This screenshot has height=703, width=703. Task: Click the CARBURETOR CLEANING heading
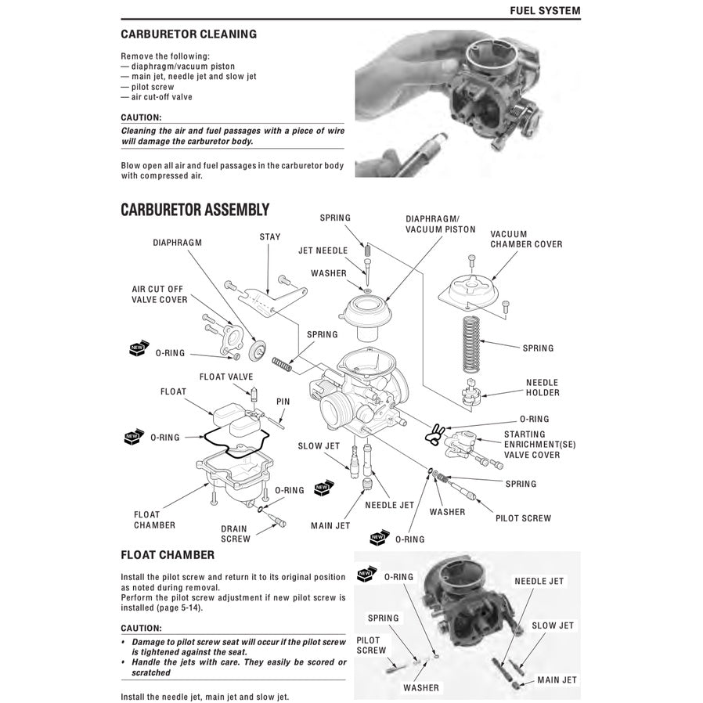pyautogui.click(x=188, y=34)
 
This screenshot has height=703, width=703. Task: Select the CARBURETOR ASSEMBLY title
pyautogui.click(x=195, y=210)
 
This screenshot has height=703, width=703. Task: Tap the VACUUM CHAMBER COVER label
pyautogui.click(x=525, y=239)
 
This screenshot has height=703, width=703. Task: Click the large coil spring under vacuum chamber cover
pyautogui.click(x=471, y=341)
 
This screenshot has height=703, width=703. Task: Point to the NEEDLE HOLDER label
pyautogui.click(x=541, y=388)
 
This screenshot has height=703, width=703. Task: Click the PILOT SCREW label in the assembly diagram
pyautogui.click(x=523, y=517)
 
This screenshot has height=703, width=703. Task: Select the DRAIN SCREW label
pyautogui.click(x=235, y=533)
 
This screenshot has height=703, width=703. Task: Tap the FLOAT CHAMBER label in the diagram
pyautogui.click(x=154, y=520)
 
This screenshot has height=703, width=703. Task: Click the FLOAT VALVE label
pyautogui.click(x=226, y=377)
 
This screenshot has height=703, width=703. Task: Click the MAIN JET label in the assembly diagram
pyautogui.click(x=330, y=525)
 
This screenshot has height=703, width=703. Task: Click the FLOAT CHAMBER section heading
pyautogui.click(x=167, y=555)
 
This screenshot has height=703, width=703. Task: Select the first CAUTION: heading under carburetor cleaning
pyautogui.click(x=141, y=117)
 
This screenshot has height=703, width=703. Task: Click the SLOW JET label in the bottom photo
pyautogui.click(x=553, y=625)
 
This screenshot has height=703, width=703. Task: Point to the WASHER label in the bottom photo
pyautogui.click(x=421, y=688)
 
